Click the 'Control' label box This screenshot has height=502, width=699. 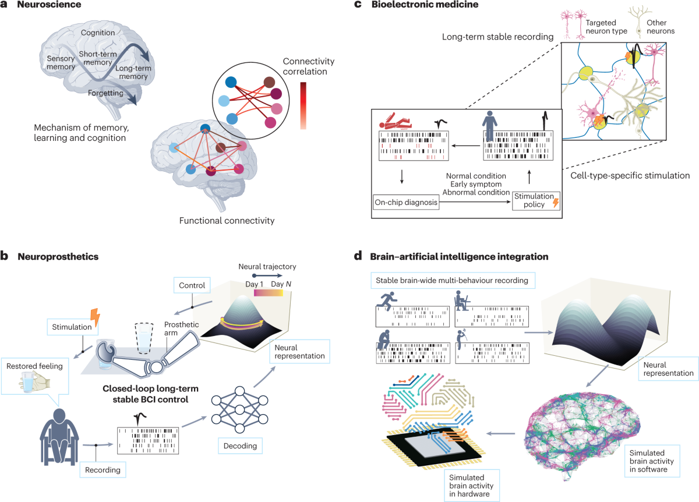pyautogui.click(x=193, y=285)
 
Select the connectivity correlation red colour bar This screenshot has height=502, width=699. pyautogui.click(x=303, y=105)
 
